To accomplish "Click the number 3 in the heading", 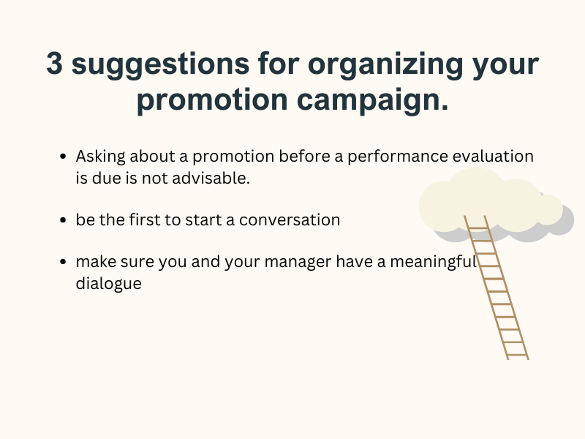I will [x=56, y=64].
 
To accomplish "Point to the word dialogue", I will [x=108, y=283].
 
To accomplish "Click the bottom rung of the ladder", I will [x=517, y=355].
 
